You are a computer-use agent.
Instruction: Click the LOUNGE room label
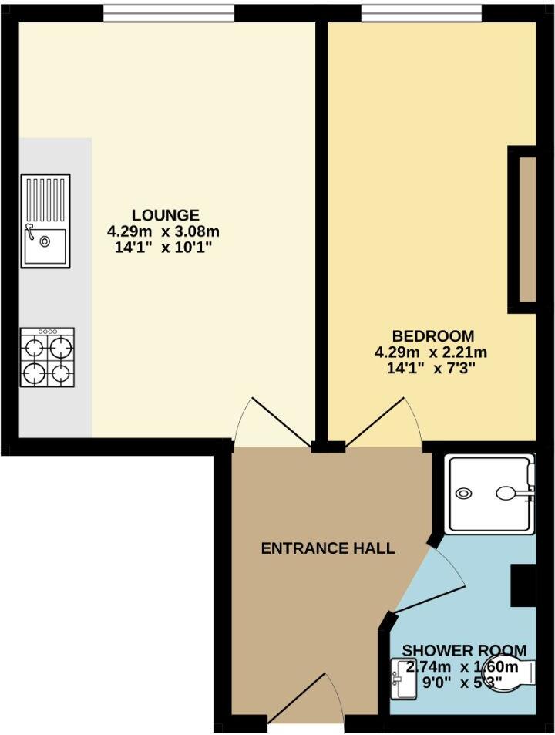pos(165,215)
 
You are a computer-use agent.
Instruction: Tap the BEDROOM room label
pos(432,336)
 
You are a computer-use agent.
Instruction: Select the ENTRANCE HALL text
pos(328,548)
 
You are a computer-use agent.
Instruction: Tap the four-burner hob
pos(47,357)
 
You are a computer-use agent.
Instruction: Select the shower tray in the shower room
pos(490,493)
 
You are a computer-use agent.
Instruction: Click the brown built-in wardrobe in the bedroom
pos(526,229)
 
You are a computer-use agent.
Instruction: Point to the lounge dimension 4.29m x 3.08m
pos(165,231)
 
